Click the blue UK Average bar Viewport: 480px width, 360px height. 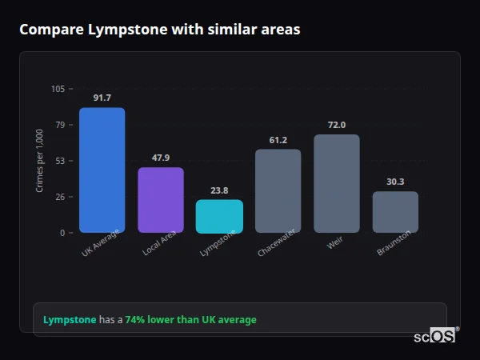102,170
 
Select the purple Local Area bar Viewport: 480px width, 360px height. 161,200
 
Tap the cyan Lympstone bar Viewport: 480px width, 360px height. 219,216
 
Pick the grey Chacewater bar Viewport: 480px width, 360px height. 278,191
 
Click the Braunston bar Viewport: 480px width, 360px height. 395,212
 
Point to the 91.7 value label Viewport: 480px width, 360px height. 102,98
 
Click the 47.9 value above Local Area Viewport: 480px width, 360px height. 161,158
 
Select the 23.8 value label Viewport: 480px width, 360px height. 219,190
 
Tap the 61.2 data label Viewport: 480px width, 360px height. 278,140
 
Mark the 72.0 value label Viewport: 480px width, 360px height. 337,125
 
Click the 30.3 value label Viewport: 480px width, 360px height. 395,182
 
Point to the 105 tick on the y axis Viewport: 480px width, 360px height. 58,89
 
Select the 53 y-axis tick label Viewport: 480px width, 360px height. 60,161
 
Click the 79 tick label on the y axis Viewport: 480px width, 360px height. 60,125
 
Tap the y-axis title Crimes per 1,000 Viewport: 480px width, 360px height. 40,161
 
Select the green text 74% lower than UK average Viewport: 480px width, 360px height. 190,320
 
